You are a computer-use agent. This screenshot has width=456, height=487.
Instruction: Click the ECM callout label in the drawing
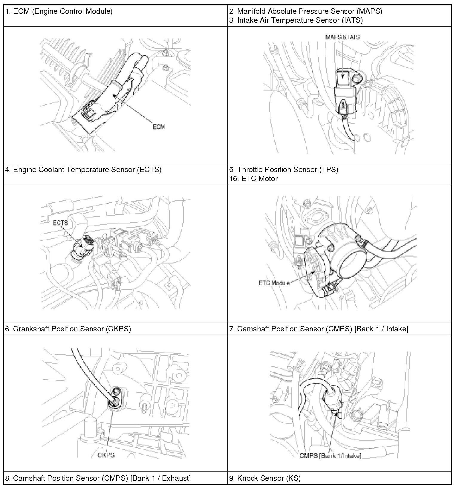point(159,127)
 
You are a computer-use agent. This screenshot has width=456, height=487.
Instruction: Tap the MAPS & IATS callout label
point(342,37)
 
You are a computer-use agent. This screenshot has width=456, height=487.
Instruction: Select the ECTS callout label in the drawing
point(60,223)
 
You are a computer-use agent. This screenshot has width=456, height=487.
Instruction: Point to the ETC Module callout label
point(274,283)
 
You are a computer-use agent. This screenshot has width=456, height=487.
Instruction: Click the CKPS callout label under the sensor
point(106,455)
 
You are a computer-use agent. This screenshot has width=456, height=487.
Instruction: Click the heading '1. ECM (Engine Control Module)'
point(59,12)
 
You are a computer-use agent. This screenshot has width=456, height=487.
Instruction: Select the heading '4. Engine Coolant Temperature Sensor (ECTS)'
point(83,170)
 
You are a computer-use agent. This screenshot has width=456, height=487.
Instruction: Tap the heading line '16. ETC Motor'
point(253,179)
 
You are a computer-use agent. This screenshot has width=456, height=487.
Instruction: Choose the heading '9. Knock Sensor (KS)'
point(265,478)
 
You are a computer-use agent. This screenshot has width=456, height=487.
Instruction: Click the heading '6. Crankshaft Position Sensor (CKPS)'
point(68,329)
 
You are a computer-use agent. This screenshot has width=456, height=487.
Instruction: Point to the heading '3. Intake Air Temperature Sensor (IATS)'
point(296,20)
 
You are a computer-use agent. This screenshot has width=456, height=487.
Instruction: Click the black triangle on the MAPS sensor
point(343,76)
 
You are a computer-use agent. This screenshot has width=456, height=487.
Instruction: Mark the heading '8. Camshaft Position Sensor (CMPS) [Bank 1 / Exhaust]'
point(98,478)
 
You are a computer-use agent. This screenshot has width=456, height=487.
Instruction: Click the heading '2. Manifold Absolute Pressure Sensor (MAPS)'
point(306,12)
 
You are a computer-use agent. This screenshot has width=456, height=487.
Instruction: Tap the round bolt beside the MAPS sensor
point(357,78)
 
